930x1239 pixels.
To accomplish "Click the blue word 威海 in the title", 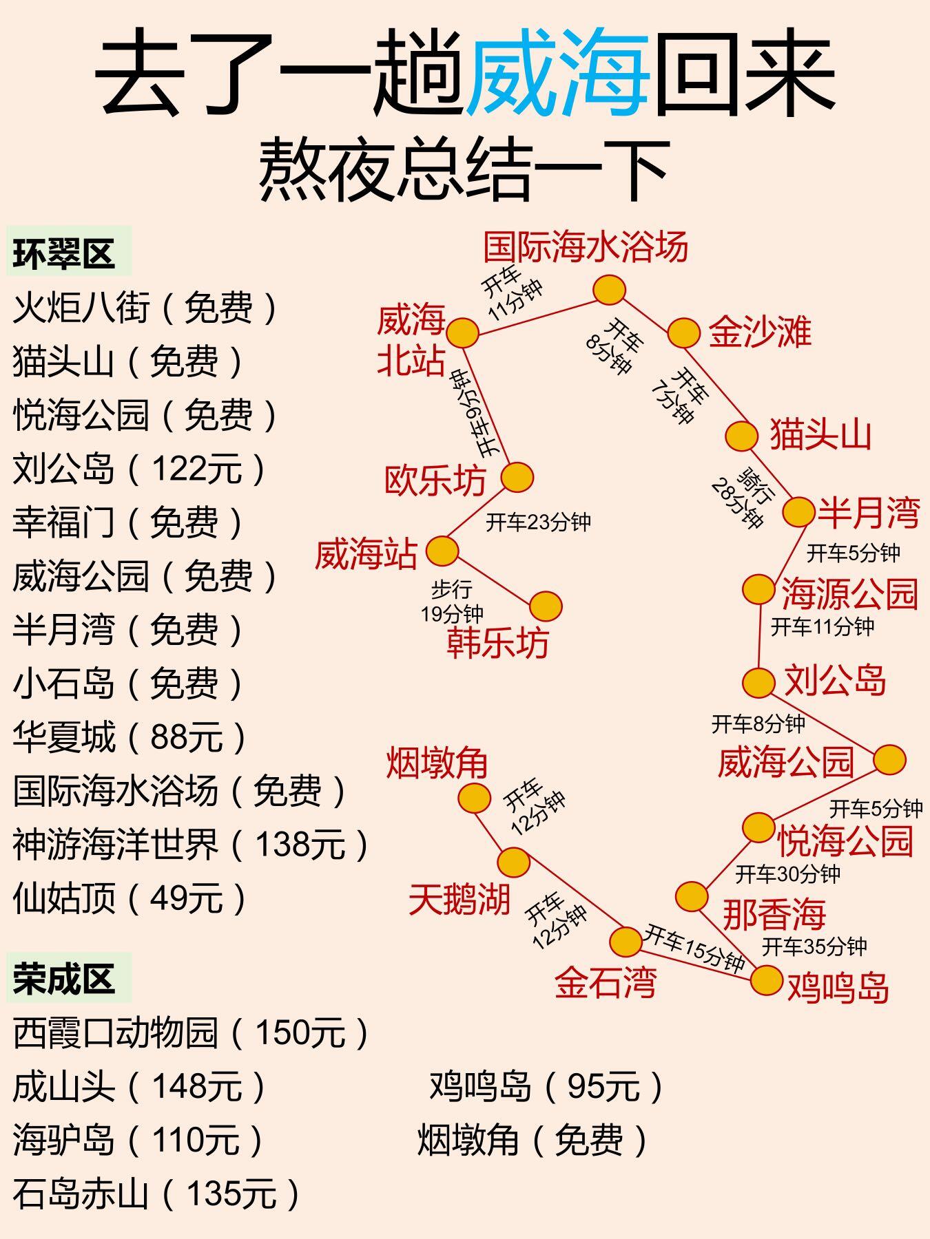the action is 558,72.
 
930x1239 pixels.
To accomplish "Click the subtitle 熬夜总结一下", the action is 465,169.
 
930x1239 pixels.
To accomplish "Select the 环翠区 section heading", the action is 63,253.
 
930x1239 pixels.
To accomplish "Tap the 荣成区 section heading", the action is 63,978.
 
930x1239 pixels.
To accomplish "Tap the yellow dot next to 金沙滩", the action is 683,333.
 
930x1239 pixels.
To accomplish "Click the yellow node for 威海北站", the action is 462,333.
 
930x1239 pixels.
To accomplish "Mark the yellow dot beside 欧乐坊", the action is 517,477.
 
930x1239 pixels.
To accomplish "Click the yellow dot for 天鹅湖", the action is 513,862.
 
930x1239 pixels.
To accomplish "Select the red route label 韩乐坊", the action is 497,644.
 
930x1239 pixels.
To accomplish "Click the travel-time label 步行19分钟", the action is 453,601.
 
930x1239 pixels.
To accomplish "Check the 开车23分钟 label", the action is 539,522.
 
